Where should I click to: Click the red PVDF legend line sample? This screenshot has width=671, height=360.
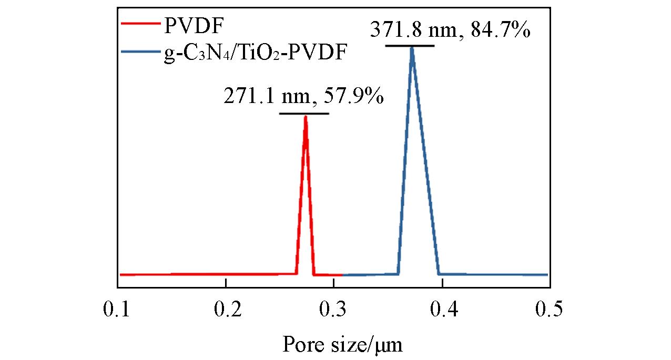pyautogui.click(x=140, y=23)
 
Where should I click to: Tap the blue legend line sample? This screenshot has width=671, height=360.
pyautogui.click(x=140, y=52)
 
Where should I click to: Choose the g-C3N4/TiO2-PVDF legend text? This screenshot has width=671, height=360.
pyautogui.click(x=255, y=53)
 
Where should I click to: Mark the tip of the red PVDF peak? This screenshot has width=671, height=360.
pyautogui.click(x=305, y=117)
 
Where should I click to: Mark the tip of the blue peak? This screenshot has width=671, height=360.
pyautogui.click(x=412, y=48)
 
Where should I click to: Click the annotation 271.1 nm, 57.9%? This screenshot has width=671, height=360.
pyautogui.click(x=304, y=97)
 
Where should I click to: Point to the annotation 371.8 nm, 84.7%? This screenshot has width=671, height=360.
pyautogui.click(x=450, y=29)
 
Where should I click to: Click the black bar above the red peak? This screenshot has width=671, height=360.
pyautogui.click(x=304, y=114)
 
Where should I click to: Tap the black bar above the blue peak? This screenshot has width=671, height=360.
pyautogui.click(x=410, y=46)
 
